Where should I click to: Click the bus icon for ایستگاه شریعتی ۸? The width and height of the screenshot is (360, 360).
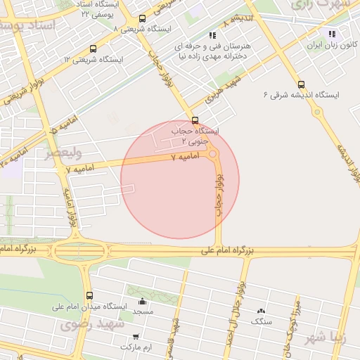pos(143,19)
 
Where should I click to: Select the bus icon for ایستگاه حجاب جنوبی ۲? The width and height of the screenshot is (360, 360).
pos(195,120)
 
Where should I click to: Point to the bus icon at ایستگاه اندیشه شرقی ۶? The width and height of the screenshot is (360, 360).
pos(301,84)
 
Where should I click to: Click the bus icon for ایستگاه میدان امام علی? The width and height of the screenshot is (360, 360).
pos(89,296)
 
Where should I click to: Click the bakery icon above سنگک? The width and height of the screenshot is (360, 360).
pos(262,311)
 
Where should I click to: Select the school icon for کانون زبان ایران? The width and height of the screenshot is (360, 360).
pos(331,33)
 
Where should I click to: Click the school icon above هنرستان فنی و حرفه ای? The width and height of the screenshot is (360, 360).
pos(212,34)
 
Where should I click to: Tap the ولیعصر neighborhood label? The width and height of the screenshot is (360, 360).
pos(64,153)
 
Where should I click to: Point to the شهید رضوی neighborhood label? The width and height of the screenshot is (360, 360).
pos(91,325)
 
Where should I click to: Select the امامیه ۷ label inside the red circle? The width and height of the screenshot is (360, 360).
pos(186,158)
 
